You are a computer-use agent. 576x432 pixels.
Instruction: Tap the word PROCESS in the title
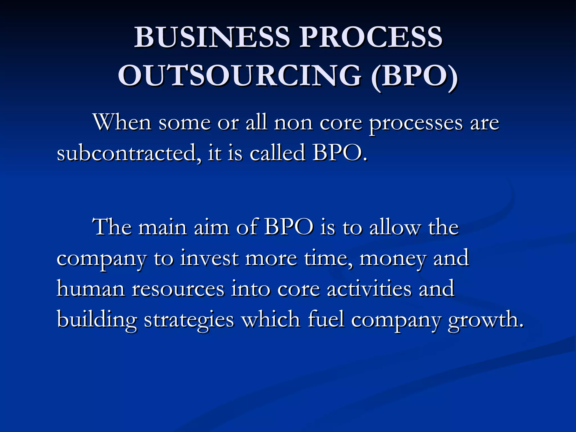click(x=371, y=37)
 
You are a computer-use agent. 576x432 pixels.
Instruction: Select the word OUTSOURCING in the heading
click(x=239, y=76)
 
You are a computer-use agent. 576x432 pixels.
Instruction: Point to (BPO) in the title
click(x=415, y=76)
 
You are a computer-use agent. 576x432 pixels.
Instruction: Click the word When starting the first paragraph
click(x=122, y=123)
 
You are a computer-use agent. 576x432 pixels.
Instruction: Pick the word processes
click(x=416, y=124)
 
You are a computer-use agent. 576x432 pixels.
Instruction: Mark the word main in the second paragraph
click(x=163, y=227)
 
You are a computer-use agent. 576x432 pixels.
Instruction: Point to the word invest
click(x=209, y=258)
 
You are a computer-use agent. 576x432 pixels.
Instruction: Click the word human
click(x=91, y=289)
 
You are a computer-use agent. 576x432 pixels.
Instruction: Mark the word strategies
click(x=189, y=320)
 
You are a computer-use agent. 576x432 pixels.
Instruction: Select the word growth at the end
click(x=485, y=320)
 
